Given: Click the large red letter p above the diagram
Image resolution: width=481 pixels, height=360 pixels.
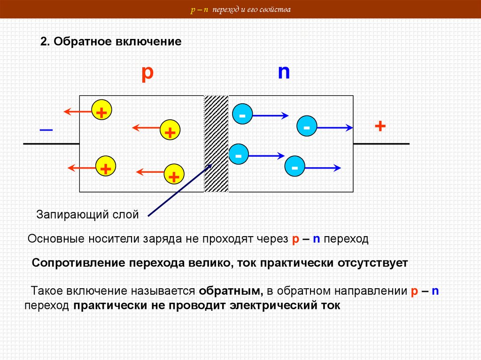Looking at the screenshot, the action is click(147, 74).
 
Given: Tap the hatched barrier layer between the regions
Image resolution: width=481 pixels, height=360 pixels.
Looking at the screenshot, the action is click(216, 144).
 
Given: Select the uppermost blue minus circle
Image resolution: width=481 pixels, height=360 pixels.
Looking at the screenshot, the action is click(242, 115).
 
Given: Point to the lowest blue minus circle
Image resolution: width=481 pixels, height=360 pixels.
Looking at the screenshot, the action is click(295, 167).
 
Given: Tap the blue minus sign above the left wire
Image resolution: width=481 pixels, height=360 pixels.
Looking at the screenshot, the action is click(46, 129).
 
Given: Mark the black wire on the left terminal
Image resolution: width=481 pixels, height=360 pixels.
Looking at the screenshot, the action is click(51, 143).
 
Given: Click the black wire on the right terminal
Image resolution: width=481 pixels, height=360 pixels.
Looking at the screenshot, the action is click(381, 143).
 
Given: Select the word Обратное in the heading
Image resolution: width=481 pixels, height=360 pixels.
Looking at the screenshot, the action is click(78, 41).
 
